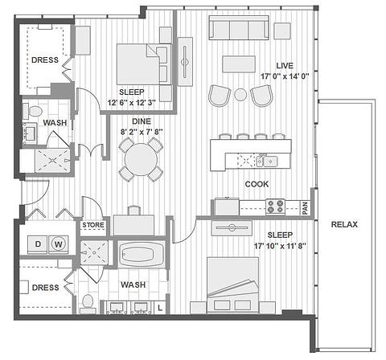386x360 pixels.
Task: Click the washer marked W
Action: click(58, 244)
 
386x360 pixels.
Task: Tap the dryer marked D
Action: click(38, 244)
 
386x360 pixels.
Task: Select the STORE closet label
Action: click(93, 225)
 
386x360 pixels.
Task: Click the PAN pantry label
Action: click(305, 208)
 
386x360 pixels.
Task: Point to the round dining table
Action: click(141, 160)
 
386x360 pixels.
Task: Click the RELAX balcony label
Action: click(344, 224)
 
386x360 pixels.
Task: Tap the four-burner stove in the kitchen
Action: click(275, 207)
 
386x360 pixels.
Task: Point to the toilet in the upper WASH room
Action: click(33, 111)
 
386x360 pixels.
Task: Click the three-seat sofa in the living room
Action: click(239, 28)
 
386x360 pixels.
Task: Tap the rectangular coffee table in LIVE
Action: click(239, 63)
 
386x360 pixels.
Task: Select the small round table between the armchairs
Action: click(240, 94)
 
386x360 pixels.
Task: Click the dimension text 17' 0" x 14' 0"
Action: click(285, 76)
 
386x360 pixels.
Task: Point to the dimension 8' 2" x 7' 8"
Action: click(142, 132)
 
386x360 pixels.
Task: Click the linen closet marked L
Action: click(160, 308)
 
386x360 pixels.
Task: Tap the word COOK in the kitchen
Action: click(257, 184)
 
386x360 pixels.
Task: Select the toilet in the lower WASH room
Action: click(88, 303)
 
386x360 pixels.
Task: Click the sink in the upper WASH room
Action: click(30, 133)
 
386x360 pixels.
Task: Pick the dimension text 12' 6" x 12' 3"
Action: click(132, 103)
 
